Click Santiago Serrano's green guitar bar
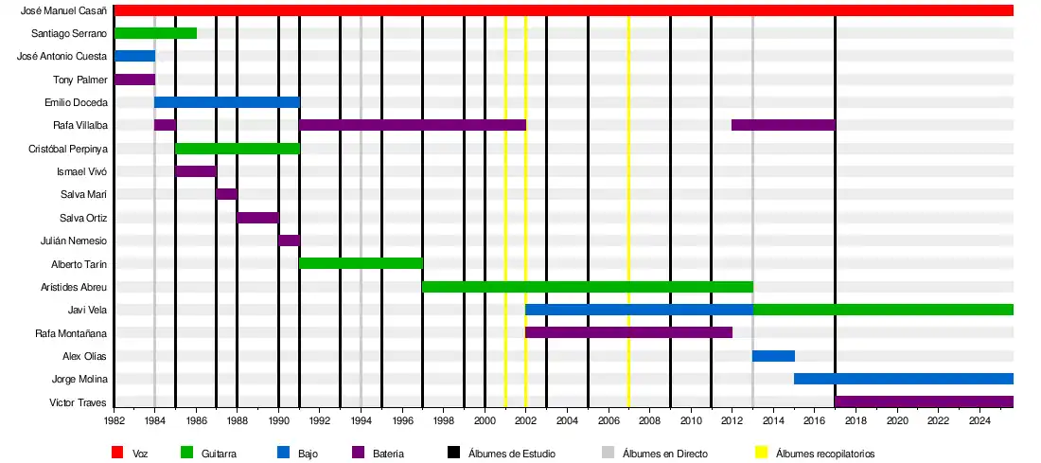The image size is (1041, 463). pyautogui.click(x=155, y=33)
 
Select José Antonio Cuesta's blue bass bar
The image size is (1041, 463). pyautogui.click(x=134, y=56)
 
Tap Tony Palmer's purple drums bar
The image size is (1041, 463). pyautogui.click(x=134, y=80)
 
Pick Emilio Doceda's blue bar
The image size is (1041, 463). pyautogui.click(x=227, y=102)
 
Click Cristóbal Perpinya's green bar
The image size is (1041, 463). pyautogui.click(x=238, y=149)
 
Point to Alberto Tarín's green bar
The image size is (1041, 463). pyautogui.click(x=361, y=263)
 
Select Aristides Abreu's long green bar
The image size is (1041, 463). pyautogui.click(x=587, y=287)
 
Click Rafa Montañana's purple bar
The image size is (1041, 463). pyautogui.click(x=628, y=332)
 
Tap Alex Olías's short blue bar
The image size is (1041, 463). pyautogui.click(x=773, y=356)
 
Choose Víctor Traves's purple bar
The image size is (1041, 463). pyautogui.click(x=924, y=401)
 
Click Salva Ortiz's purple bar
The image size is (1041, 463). pyautogui.click(x=257, y=218)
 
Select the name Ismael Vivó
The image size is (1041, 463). pyautogui.click(x=82, y=172)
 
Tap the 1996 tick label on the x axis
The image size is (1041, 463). pyautogui.click(x=402, y=420)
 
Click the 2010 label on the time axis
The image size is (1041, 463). pyautogui.click(x=691, y=420)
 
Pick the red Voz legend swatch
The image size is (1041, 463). pyautogui.click(x=117, y=454)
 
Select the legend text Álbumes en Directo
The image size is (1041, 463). pyautogui.click(x=664, y=454)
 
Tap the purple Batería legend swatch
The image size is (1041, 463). pyautogui.click(x=357, y=454)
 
